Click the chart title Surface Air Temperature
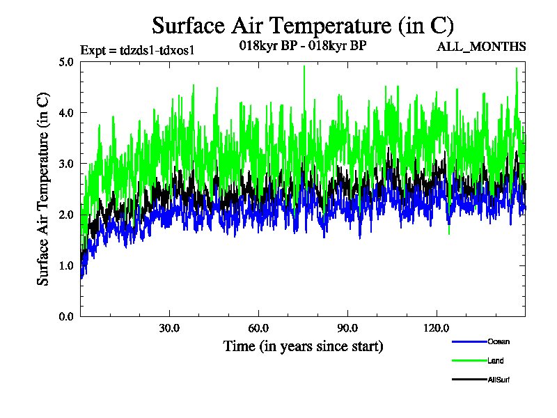point(303,26)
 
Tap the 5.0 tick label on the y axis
point(67,61)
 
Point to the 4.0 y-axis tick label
point(67,112)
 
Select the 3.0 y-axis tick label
point(67,164)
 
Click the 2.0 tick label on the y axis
point(67,215)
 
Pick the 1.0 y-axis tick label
point(67,265)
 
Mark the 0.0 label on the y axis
point(67,316)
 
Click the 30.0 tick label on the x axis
point(169,328)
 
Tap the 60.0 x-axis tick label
point(258,328)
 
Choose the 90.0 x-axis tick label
point(347,328)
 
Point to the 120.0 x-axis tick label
point(437,328)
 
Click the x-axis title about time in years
point(303,346)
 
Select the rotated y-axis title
point(43,189)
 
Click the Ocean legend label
point(499,341)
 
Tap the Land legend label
point(496,361)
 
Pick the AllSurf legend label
point(499,380)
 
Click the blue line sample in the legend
point(469,341)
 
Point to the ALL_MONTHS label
point(480,47)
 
